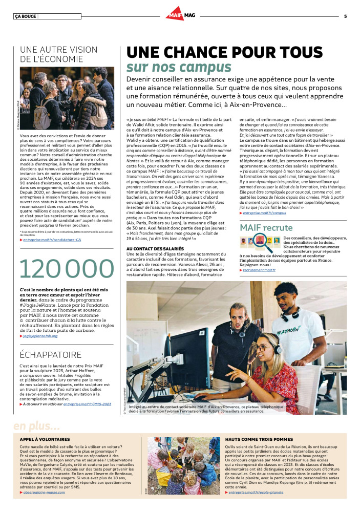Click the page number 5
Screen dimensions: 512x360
(x=345, y=16)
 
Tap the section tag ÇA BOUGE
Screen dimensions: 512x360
(x=25, y=16)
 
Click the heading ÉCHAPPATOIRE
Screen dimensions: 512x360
(x=47, y=354)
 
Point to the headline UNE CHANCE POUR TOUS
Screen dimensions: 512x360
(x=225, y=53)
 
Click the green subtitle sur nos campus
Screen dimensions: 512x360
(x=179, y=68)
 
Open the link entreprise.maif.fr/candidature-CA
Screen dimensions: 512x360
(x=52, y=240)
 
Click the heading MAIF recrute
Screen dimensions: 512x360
(x=266, y=227)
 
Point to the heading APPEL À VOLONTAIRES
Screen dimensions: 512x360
(x=45, y=439)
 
